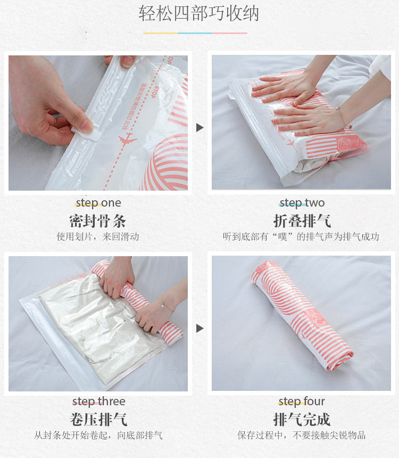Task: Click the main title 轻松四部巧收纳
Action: (x=199, y=13)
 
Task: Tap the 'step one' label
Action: (x=98, y=203)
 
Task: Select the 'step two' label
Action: (x=302, y=203)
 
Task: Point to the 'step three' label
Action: (x=98, y=402)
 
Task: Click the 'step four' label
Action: (x=302, y=402)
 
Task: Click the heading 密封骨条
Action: (x=98, y=221)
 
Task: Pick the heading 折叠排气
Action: (x=302, y=221)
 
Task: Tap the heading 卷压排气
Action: (x=98, y=420)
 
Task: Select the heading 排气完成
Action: (x=302, y=420)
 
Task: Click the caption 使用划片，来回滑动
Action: (x=98, y=236)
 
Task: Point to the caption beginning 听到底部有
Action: (x=301, y=236)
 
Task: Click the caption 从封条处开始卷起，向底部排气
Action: (x=98, y=435)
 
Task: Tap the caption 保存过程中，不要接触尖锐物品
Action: (x=301, y=435)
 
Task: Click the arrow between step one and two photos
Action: (x=199, y=128)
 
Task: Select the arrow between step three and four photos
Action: (x=199, y=328)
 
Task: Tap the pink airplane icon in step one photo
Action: (x=127, y=140)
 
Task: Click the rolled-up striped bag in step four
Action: (x=302, y=315)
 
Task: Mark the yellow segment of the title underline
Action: (x=160, y=34)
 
